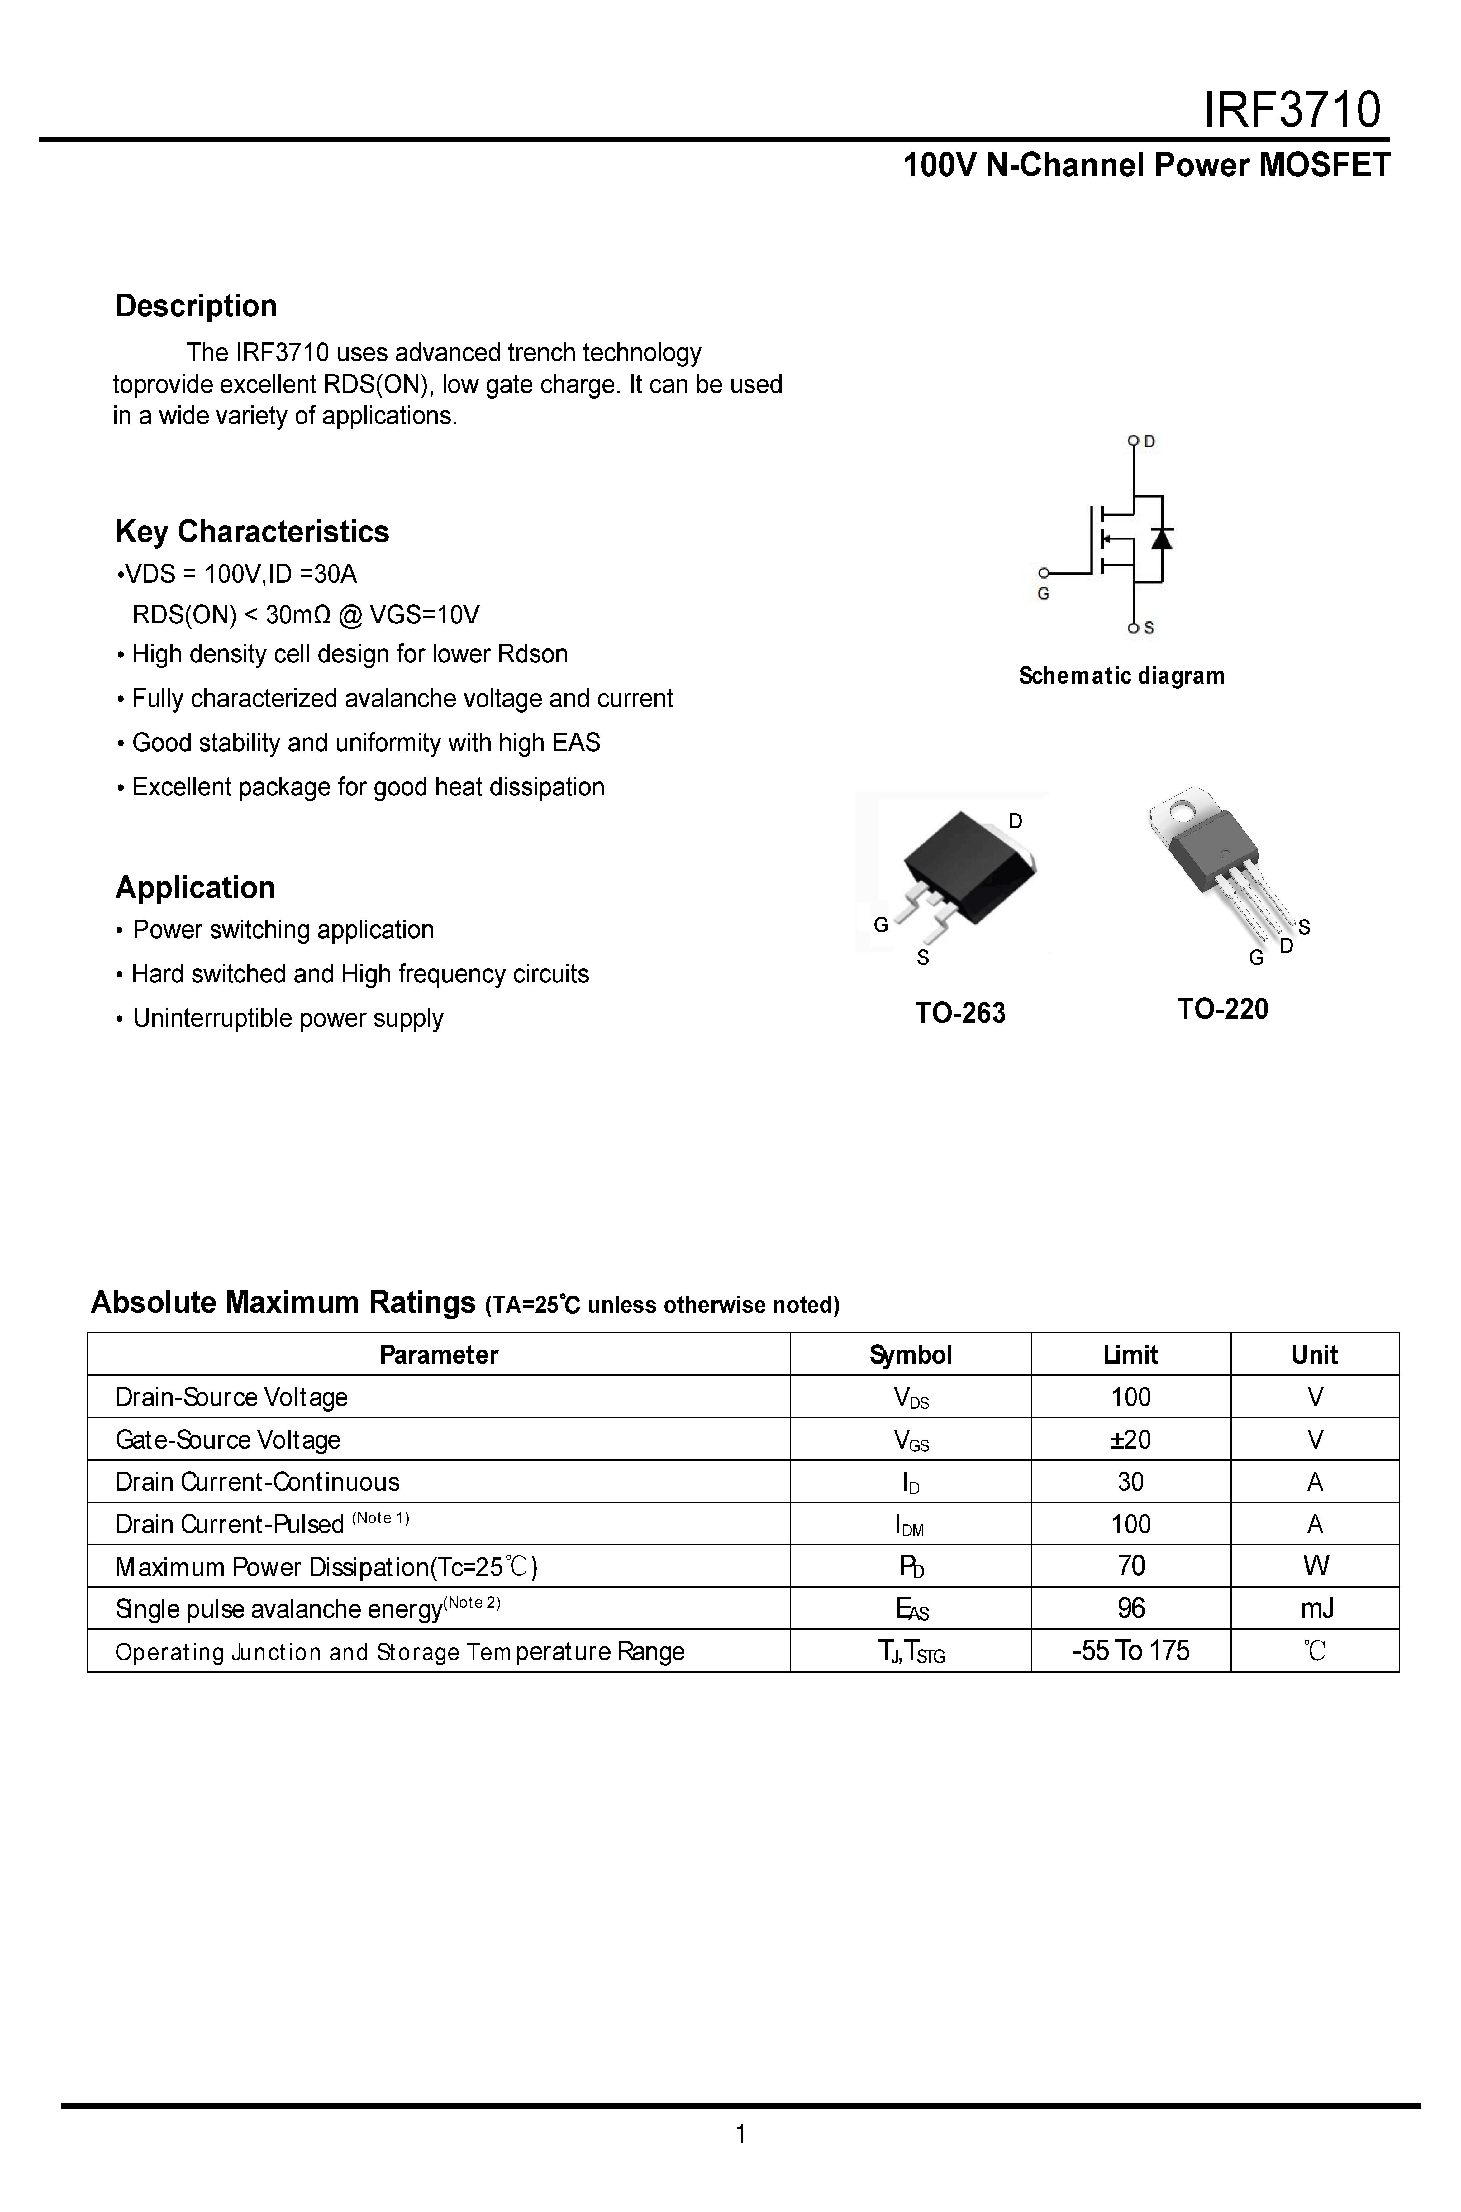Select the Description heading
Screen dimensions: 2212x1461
point(196,306)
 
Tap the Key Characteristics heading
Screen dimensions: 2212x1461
point(252,531)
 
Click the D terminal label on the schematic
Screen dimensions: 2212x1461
point(1150,442)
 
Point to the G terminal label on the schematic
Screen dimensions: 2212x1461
point(1044,594)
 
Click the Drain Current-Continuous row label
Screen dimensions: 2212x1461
point(257,1482)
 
